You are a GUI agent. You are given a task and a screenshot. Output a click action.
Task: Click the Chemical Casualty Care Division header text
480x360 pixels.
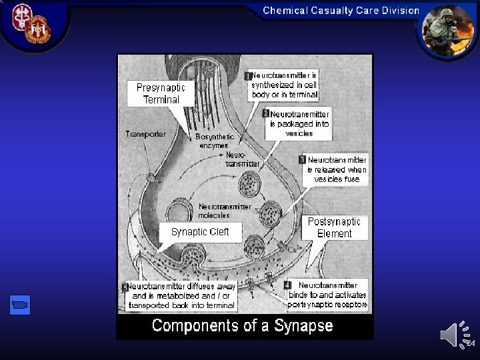[x=341, y=11]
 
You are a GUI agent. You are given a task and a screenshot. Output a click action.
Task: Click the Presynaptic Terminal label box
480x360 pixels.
[x=161, y=93]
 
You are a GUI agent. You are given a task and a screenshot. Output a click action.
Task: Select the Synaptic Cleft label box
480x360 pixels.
[x=200, y=232]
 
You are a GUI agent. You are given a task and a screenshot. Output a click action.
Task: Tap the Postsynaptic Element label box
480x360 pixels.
[x=334, y=227]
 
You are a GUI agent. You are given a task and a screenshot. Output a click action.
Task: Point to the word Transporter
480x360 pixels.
[x=146, y=134]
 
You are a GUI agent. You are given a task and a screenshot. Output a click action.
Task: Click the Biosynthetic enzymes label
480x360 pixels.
[x=215, y=141]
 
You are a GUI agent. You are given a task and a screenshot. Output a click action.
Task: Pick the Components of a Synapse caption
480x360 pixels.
[x=243, y=326]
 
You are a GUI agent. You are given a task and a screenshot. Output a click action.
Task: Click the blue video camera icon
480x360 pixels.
[x=21, y=305]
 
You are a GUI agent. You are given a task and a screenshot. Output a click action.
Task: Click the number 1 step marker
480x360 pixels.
[x=247, y=77]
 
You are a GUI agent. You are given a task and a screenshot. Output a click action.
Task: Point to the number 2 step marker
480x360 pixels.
[x=266, y=114]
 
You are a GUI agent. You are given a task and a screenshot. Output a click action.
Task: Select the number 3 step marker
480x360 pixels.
[x=303, y=160]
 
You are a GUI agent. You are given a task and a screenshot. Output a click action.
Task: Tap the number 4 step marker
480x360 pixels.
[x=288, y=285]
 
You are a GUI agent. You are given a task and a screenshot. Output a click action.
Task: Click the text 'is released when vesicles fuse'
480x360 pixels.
[x=337, y=174]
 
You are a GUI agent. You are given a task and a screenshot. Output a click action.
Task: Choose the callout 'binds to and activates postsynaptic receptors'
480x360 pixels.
[x=327, y=299]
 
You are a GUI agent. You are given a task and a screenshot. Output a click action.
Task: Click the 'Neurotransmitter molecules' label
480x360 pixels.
[x=224, y=211]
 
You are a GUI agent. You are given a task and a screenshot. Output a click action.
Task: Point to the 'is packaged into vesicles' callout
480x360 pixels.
[x=299, y=128]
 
